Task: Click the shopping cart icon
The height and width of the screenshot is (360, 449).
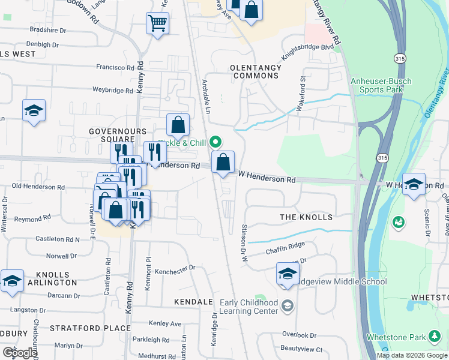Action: (157, 24)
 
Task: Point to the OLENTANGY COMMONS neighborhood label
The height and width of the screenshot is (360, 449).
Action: (256, 72)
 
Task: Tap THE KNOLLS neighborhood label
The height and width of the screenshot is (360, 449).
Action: (306, 217)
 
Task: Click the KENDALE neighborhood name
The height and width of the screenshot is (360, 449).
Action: (193, 301)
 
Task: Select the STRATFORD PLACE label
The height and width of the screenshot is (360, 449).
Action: (90, 328)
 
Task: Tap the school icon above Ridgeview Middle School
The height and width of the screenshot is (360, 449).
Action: (288, 274)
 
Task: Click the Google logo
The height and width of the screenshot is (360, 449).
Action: (19, 353)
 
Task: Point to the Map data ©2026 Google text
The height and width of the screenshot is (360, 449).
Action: (412, 355)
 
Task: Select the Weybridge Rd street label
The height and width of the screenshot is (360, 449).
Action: (112, 91)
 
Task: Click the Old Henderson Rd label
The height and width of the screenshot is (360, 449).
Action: (38, 187)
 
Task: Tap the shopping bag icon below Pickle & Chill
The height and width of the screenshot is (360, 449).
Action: (223, 162)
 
